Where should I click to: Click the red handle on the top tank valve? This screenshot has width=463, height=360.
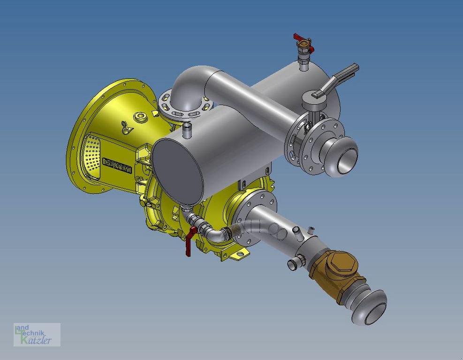(304, 42)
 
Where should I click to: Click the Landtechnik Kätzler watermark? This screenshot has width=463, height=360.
(36, 335)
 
